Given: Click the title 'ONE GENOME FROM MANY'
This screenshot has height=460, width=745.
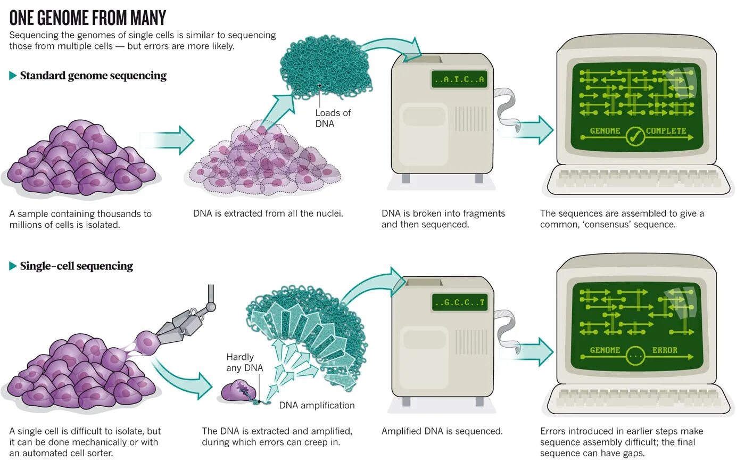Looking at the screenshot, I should (x=88, y=18).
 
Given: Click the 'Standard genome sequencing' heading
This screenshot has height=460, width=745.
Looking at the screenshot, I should (x=93, y=76).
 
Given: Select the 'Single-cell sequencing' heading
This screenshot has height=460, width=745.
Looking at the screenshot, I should (x=76, y=266).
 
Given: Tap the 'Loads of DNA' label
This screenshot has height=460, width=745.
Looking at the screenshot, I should (x=333, y=118).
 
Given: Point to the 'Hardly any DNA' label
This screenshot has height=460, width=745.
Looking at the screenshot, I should (x=240, y=362).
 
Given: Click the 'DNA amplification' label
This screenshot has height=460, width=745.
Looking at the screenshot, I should (x=317, y=405).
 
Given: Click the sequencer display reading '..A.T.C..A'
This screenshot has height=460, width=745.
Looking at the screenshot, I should (x=459, y=80).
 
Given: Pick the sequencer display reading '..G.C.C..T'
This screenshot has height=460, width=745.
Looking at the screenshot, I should (x=459, y=302).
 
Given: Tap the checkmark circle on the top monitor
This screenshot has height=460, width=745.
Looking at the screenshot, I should (x=634, y=137).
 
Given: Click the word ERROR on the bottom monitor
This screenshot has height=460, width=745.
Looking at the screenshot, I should (x=665, y=350).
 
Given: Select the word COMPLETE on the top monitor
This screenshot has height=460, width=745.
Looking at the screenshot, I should (x=666, y=131).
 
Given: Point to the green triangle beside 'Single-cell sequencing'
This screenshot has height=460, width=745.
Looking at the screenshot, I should (x=13, y=266).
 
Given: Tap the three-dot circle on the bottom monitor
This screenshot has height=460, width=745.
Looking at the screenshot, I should (x=635, y=355).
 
